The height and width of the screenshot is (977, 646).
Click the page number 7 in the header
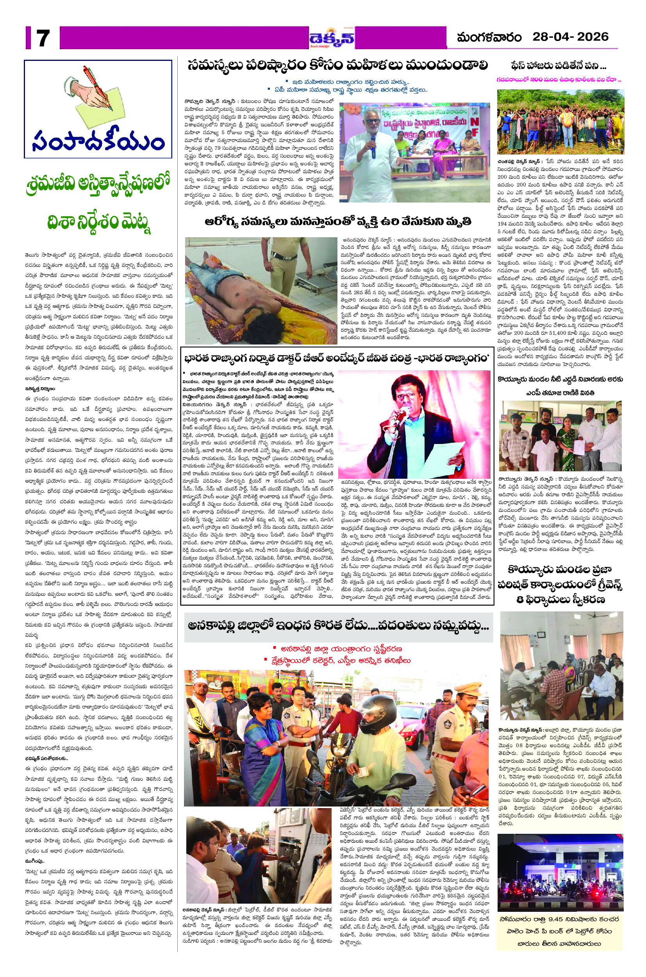43,39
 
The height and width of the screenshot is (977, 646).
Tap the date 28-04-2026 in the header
570,37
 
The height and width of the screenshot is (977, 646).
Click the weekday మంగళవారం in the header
489,37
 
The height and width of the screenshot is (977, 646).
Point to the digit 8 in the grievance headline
520,601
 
